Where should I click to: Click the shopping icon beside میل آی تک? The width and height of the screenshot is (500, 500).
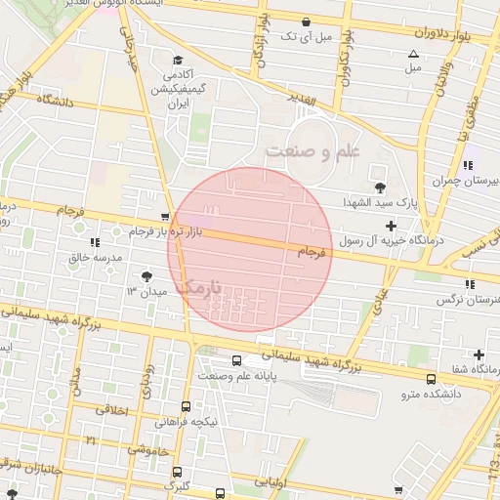point(307,21)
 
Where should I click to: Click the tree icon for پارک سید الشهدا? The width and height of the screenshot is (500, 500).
point(380,187)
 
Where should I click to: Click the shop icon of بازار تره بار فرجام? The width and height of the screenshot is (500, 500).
point(164,218)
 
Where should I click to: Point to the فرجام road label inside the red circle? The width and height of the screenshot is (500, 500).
point(309,252)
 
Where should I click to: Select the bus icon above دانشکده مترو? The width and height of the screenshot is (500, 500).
point(431,379)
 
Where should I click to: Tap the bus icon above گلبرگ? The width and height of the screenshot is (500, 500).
point(172,468)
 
